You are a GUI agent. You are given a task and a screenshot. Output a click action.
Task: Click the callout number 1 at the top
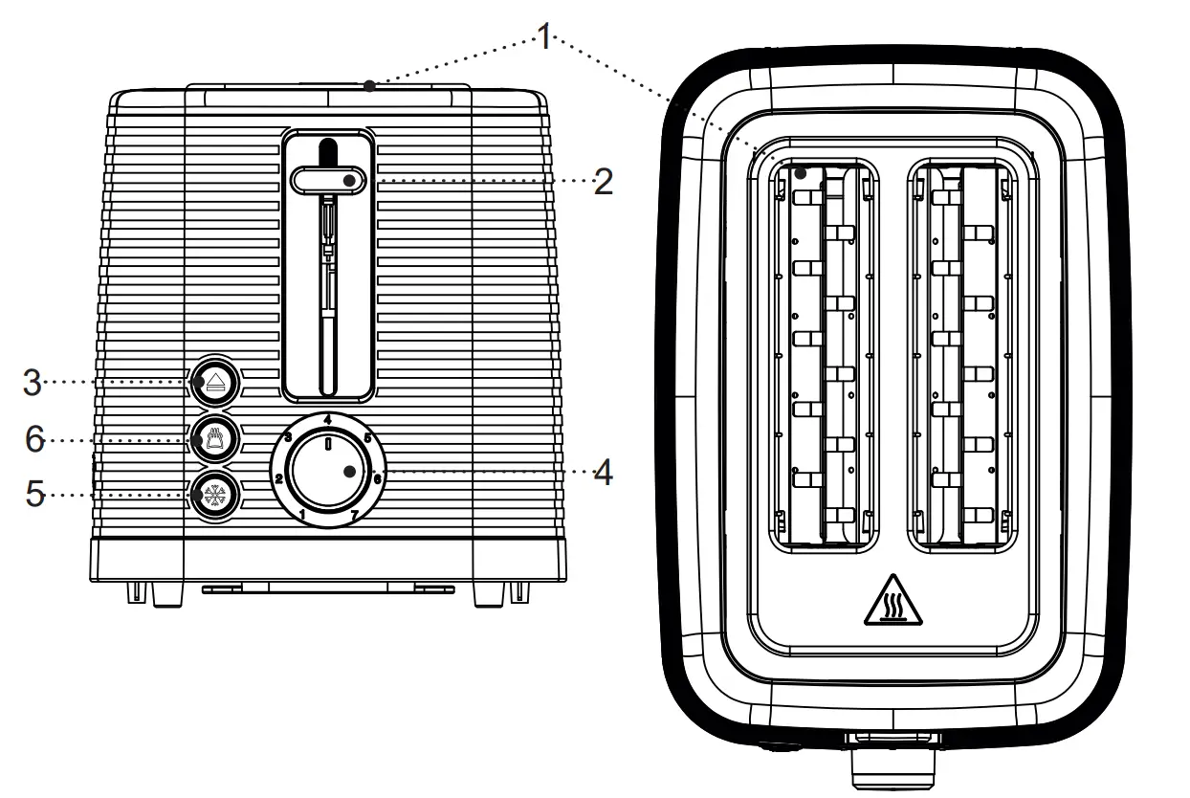coord(543,38)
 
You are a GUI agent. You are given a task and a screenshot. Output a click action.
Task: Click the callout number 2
coord(602,182)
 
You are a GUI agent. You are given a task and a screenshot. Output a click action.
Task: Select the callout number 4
coord(602,473)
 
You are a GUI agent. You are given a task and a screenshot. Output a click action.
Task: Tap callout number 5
coord(34,496)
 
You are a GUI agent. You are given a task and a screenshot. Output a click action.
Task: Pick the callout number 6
coord(34,439)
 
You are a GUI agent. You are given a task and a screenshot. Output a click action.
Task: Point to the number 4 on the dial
coord(328,420)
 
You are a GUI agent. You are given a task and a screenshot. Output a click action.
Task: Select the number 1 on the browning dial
coord(302,517)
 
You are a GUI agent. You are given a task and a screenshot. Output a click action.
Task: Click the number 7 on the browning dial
coord(355,517)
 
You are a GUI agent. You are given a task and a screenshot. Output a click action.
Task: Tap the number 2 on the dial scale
coord(278,477)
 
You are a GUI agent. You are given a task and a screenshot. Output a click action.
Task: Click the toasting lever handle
coord(327,180)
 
